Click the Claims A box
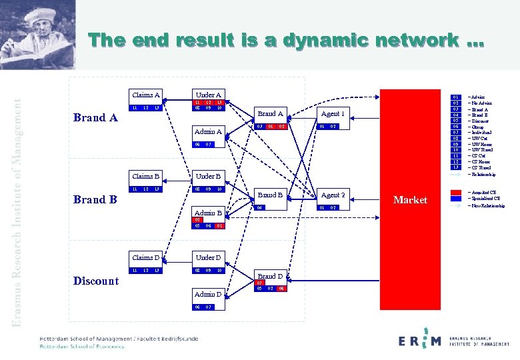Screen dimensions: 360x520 point(146,95)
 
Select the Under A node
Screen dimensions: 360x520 point(209,95)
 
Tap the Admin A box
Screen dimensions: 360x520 point(208,132)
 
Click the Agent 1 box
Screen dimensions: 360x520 point(333,114)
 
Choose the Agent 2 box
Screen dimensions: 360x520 point(333,195)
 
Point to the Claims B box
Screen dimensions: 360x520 point(146,177)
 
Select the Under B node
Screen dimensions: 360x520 point(209,177)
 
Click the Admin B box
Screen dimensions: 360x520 point(208,213)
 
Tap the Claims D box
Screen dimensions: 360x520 point(146,258)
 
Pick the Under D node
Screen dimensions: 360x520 point(209,258)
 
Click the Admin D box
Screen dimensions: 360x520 point(208,295)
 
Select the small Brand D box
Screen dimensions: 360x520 point(270,276)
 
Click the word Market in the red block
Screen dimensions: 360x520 point(410,200)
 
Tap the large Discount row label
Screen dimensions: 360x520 point(96,281)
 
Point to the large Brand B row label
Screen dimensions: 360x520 point(95,199)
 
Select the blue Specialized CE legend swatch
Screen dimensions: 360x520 point(455,198)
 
